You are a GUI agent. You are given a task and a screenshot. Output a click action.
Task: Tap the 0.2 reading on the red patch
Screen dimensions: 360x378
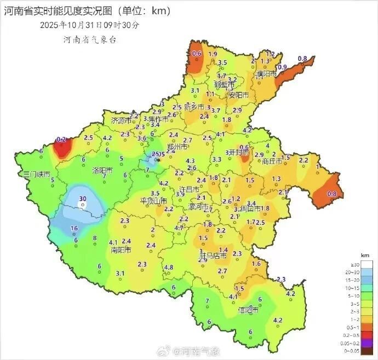(61, 140)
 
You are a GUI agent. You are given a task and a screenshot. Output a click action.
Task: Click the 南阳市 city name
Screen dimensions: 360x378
(121, 250)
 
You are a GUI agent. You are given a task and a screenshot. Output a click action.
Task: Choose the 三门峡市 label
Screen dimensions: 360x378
(37, 173)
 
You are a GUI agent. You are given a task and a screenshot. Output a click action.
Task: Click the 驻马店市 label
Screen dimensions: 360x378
(213, 255)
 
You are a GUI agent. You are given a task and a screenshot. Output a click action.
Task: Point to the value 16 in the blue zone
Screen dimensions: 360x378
(74, 228)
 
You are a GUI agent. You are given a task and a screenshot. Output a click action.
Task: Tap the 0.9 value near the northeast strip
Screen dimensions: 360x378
(283, 67)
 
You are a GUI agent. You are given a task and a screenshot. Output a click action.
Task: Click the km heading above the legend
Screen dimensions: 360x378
(349, 256)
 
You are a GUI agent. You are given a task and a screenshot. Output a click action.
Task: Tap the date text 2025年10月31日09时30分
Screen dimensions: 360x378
(90, 25)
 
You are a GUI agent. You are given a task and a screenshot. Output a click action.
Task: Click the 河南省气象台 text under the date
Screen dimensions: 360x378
(89, 39)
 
